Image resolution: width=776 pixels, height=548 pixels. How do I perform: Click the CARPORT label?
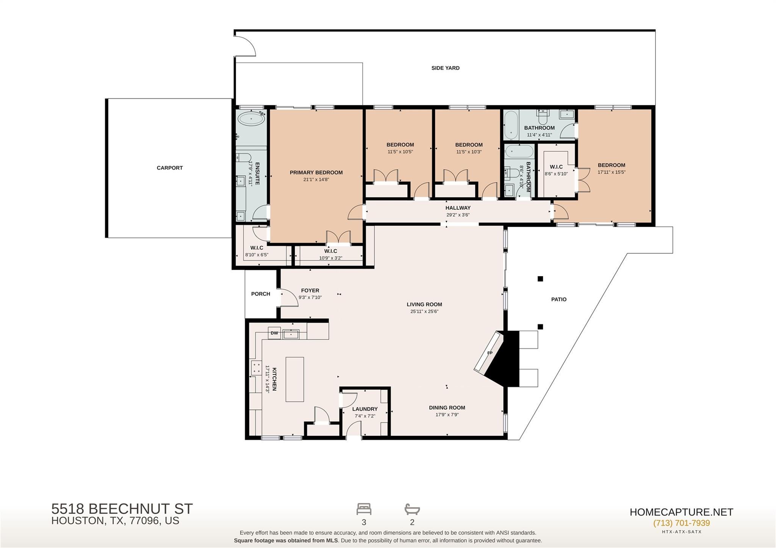click(170, 168)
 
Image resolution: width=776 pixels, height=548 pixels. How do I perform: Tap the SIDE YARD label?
click(445, 68)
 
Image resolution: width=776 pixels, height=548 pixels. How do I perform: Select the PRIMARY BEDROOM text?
click(316, 173)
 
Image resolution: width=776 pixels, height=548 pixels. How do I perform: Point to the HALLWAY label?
click(458, 208)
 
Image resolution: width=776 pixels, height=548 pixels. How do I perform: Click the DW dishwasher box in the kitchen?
click(274, 333)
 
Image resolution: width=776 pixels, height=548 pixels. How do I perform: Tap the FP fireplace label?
click(490, 353)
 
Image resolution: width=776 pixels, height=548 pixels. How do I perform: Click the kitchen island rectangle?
click(295, 379)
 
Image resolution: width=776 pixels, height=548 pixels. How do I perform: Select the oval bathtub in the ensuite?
click(251, 119)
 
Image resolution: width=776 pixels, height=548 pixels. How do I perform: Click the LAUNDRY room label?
click(365, 409)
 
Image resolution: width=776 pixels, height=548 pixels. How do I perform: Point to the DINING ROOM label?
click(447, 408)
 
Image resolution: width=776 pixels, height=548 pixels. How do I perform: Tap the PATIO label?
click(559, 300)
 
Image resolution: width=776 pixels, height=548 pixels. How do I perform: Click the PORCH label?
click(261, 294)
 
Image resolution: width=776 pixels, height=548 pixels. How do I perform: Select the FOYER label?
click(310, 291)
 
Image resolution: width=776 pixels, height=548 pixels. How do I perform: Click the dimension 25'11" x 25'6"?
click(424, 312)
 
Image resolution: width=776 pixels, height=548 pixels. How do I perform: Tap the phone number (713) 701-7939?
click(681, 523)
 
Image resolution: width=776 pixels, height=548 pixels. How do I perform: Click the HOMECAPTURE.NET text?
click(681, 512)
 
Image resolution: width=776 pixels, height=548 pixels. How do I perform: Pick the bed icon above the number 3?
click(364, 509)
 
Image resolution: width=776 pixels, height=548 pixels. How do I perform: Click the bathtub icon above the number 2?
click(412, 509)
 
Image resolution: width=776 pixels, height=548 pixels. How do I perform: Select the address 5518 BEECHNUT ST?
click(122, 509)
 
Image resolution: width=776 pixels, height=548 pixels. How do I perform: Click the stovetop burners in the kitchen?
click(256, 368)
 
